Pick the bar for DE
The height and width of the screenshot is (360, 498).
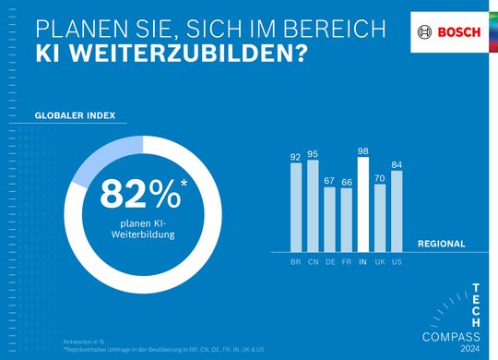click(x=329, y=219)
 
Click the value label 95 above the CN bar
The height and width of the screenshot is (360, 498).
click(x=313, y=153)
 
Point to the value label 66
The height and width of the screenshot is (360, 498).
click(x=346, y=182)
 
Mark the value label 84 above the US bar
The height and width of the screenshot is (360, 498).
click(x=396, y=164)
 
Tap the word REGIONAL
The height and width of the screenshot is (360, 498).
click(x=441, y=245)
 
